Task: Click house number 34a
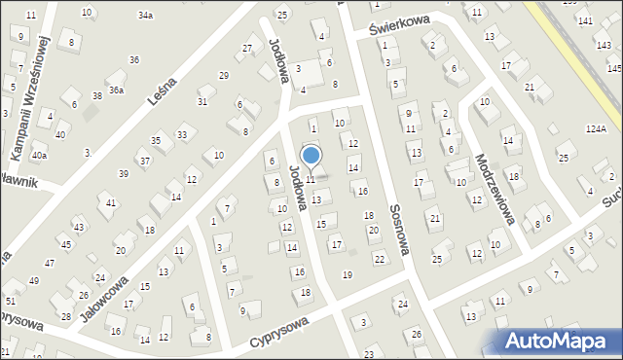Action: (145, 16)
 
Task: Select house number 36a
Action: (116, 90)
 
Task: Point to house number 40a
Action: (39, 155)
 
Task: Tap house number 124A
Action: (596, 128)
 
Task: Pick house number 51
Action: (10, 302)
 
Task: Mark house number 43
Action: (78, 227)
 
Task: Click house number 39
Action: (124, 173)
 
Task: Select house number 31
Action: (202, 102)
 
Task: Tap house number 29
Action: (223, 75)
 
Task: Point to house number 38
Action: (96, 95)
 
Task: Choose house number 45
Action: (65, 244)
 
